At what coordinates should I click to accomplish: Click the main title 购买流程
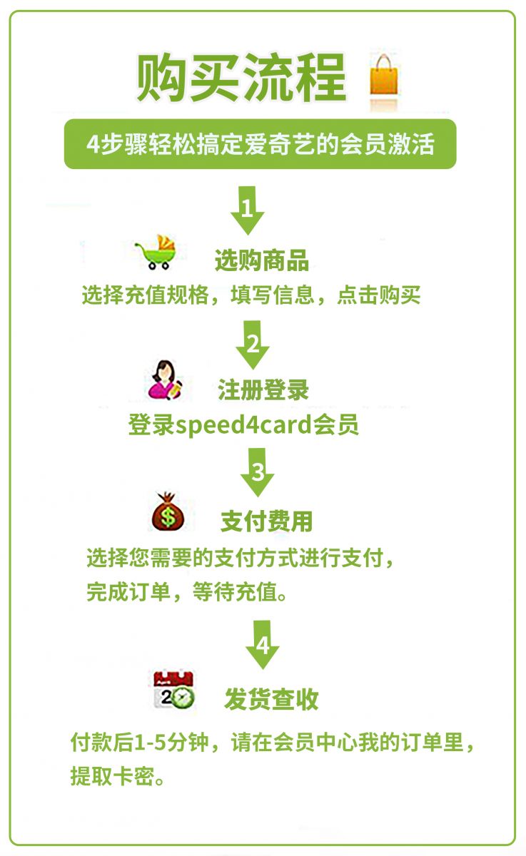[x=242, y=78]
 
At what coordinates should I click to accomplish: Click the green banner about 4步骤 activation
[x=260, y=143]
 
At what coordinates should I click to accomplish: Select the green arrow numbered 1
[x=248, y=210]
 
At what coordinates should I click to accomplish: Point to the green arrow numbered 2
[x=253, y=345]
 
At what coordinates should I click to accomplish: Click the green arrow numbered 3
[x=257, y=472]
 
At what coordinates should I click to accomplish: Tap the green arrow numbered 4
[x=262, y=645]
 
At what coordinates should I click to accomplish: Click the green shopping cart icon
[x=156, y=253]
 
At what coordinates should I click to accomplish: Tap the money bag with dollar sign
[x=168, y=512]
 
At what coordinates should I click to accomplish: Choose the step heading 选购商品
[x=262, y=261]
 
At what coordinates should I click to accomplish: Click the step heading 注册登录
[x=263, y=389]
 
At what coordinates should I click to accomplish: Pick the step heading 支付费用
[x=267, y=521]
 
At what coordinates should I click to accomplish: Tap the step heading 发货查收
[x=271, y=698]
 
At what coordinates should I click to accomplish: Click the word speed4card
[x=243, y=425]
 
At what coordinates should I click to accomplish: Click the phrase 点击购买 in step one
[x=379, y=295]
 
